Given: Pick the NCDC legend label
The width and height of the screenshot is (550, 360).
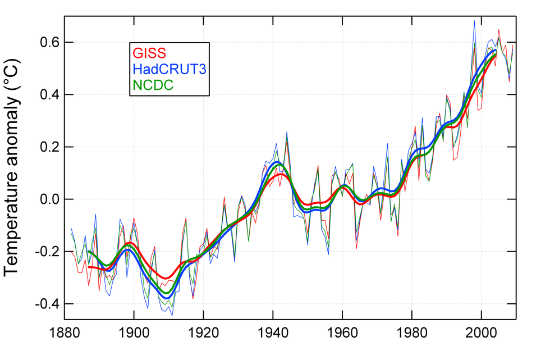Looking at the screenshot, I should pyautogui.click(x=153, y=85).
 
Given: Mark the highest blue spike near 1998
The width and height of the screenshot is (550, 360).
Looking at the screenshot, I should pyautogui.click(x=474, y=21).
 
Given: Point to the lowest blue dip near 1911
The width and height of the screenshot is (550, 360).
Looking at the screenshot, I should pyautogui.click(x=172, y=315).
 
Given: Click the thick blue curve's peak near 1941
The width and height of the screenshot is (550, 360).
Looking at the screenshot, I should pyautogui.click(x=277, y=162).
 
